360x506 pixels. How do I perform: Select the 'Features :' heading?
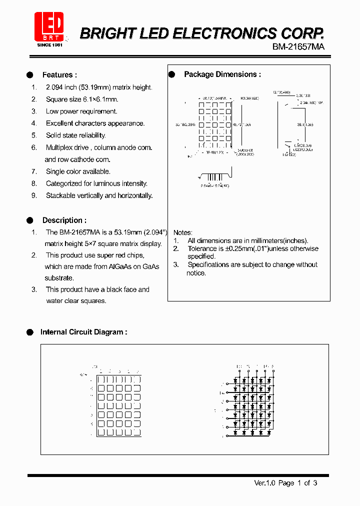59,75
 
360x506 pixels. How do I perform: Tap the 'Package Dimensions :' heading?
222,74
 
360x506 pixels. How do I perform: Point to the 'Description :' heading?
64,220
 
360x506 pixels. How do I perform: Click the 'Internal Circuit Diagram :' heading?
83,332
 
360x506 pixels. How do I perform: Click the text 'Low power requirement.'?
81,111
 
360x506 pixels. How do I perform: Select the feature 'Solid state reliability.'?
75,135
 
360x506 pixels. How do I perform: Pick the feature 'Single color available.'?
78,171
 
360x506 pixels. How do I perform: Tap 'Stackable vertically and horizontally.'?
99,195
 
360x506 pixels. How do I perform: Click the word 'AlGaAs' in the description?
120,267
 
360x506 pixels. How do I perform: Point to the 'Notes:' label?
182,232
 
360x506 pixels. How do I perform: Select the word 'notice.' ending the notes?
196,273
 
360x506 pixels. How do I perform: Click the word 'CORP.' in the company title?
303,33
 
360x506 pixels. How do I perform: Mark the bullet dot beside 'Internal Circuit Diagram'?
29,332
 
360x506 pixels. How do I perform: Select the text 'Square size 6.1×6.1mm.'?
82,99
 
